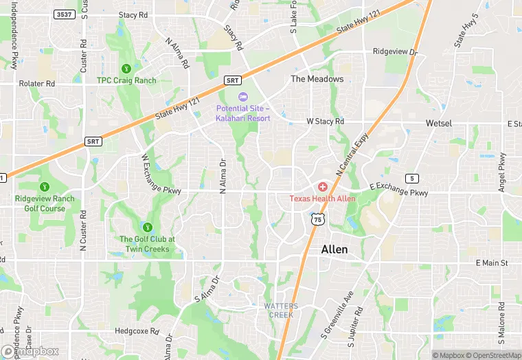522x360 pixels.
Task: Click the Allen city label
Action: pyautogui.click(x=334, y=250)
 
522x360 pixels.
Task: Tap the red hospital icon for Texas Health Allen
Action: pyautogui.click(x=323, y=187)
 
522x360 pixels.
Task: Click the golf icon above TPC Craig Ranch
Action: pyautogui.click(x=126, y=69)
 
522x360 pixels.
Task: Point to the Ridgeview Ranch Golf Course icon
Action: pyautogui.click(x=45, y=187)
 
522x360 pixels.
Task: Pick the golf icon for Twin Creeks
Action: pyautogui.click(x=147, y=227)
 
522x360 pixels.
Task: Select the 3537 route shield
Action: pyautogui.click(x=64, y=14)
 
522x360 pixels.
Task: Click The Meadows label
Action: pyautogui.click(x=317, y=79)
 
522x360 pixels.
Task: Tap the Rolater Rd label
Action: pyautogui.click(x=36, y=84)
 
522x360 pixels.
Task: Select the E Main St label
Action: pyautogui.click(x=491, y=262)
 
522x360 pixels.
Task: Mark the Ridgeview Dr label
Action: pyautogui.click(x=395, y=52)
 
